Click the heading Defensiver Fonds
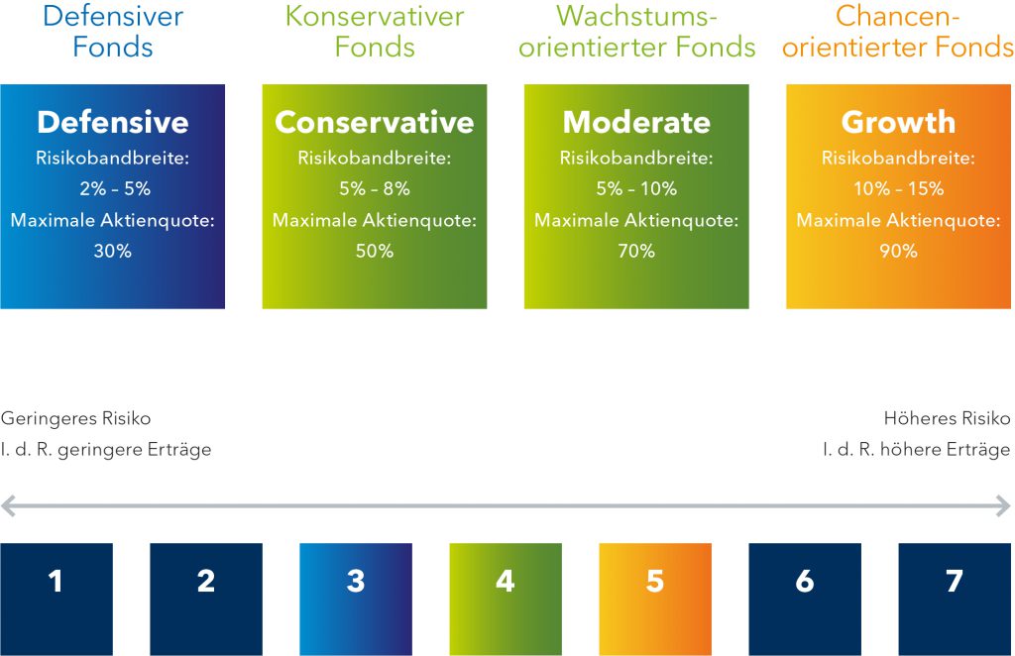pos(113,31)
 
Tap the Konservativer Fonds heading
pos(375,31)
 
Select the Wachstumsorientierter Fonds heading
pos(637,31)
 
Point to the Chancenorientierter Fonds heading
pos(898,31)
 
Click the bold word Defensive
pos(113,122)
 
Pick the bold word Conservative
pos(375,122)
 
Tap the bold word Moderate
pos(637,122)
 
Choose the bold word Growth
pos(898,122)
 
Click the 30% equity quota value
pos(113,251)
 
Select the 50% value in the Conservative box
pos(375,251)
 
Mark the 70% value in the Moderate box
pos(637,251)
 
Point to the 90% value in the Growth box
pos(898,251)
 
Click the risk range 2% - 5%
pos(115,188)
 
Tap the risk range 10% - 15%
pos(898,188)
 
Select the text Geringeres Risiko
pos(75,418)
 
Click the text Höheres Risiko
pos(947,418)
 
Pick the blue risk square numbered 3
pos(356,600)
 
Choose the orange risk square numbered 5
pos(655,600)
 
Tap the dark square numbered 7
pos(955,600)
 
